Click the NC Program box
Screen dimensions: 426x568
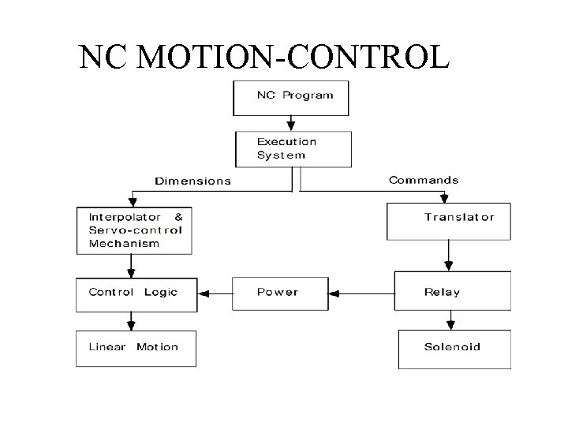(x=290, y=96)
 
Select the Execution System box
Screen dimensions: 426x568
(x=293, y=148)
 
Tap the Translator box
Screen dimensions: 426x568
(x=448, y=221)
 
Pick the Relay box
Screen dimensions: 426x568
(x=452, y=291)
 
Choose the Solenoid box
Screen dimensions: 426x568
(x=454, y=348)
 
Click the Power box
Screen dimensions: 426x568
(x=279, y=293)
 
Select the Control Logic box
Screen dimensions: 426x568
(x=134, y=293)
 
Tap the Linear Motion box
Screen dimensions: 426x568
(x=135, y=348)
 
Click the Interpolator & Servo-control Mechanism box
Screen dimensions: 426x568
(x=134, y=230)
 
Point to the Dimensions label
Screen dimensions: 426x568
(x=192, y=181)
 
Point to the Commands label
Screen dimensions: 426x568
(x=423, y=180)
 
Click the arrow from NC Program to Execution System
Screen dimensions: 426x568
(x=290, y=123)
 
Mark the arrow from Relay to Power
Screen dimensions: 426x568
(x=361, y=293)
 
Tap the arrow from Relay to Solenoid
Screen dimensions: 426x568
(x=451, y=320)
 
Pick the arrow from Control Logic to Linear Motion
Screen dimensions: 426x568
(x=131, y=320)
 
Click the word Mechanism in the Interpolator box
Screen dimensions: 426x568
(x=124, y=243)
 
